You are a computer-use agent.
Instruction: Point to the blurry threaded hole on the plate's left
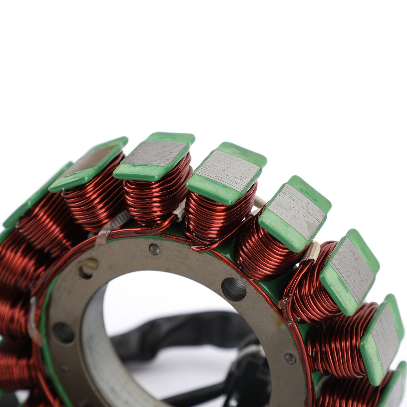click(x=63, y=332)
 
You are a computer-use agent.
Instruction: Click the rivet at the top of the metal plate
click(x=154, y=249)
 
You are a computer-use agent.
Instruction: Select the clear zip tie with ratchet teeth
click(x=112, y=225)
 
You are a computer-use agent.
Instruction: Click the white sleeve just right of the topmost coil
click(x=181, y=210)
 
